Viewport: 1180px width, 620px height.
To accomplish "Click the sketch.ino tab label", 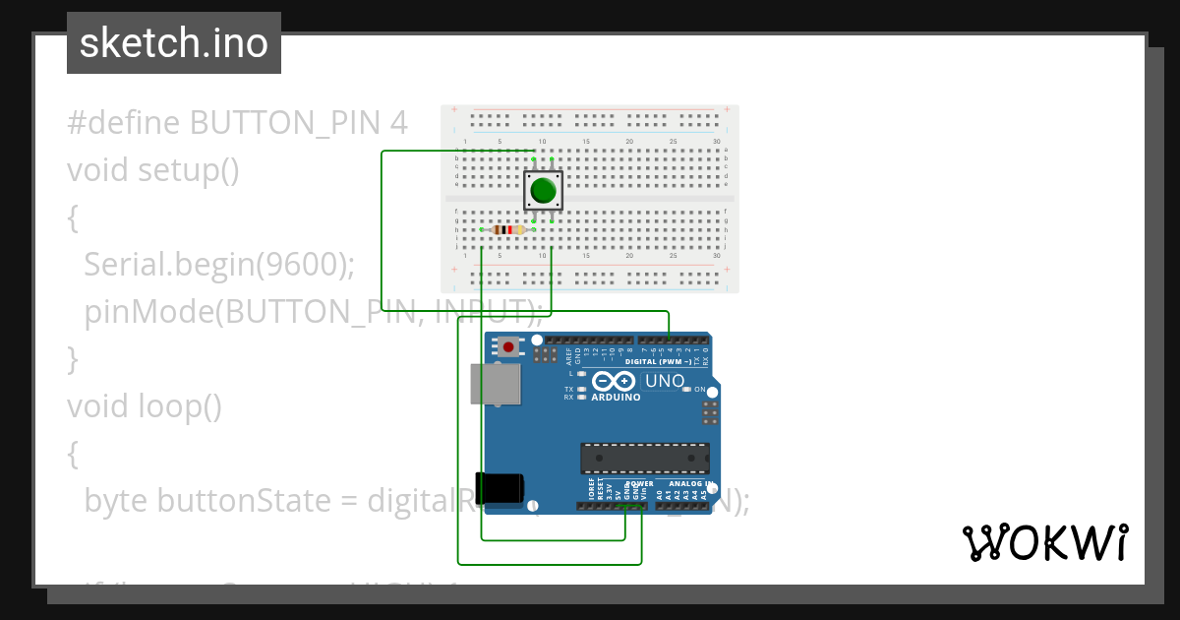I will [x=174, y=43].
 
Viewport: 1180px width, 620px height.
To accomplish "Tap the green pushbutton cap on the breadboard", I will [x=542, y=190].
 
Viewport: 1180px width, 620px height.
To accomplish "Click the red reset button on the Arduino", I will [x=508, y=346].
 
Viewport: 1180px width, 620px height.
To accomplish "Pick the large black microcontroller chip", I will [x=644, y=458].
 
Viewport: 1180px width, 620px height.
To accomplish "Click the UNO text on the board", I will [x=665, y=381].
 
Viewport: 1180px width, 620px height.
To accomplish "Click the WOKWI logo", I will [x=1044, y=542].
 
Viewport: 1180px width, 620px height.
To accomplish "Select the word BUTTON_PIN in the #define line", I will [x=285, y=123].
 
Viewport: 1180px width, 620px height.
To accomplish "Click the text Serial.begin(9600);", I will [x=218, y=265].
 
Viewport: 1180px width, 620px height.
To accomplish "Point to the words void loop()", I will [x=144, y=405].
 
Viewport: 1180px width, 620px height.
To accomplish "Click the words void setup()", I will [x=153, y=170].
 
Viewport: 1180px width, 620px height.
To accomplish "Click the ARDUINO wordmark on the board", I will [x=616, y=398].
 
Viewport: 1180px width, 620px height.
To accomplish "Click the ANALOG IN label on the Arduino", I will [x=689, y=484].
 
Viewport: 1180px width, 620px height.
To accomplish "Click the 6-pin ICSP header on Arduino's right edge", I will [x=710, y=412].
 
